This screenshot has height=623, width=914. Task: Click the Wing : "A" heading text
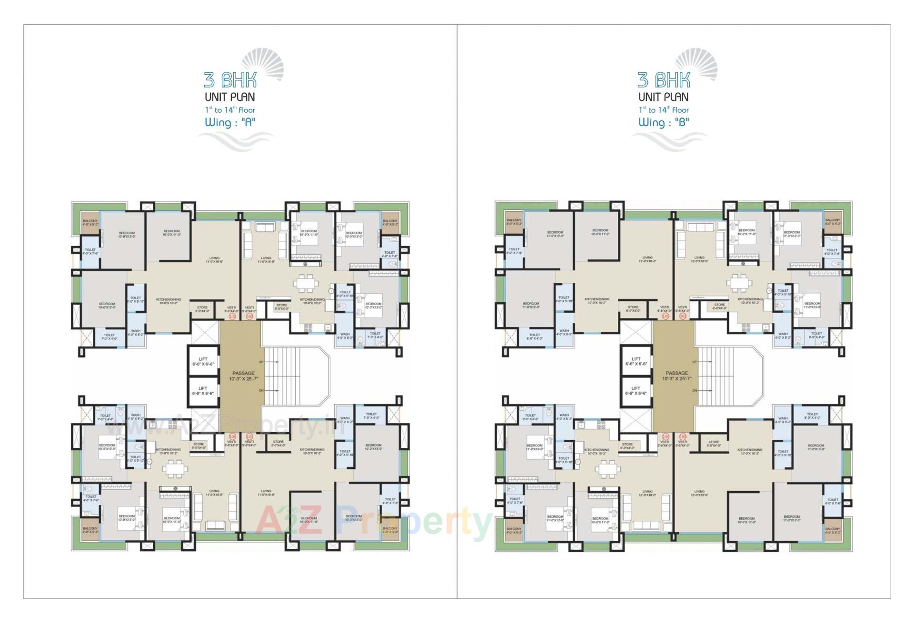point(230,123)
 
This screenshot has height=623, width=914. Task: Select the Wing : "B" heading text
point(664,123)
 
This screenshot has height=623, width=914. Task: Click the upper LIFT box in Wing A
point(203,361)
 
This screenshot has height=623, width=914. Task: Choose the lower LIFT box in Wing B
point(636,391)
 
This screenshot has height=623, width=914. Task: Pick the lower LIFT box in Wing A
point(203,391)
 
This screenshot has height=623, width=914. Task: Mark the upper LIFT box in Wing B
point(636,361)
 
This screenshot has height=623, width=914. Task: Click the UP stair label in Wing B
point(694,362)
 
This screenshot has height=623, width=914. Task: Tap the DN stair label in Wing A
point(261,391)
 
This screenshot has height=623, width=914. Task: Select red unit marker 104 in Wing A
point(233,436)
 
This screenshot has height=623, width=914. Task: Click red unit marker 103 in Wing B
point(683,436)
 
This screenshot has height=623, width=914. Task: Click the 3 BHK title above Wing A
point(230,80)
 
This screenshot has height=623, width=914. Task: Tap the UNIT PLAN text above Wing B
point(664,97)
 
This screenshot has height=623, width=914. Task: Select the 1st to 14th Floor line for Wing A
point(230,110)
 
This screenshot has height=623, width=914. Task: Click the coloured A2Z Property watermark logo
point(371,521)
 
